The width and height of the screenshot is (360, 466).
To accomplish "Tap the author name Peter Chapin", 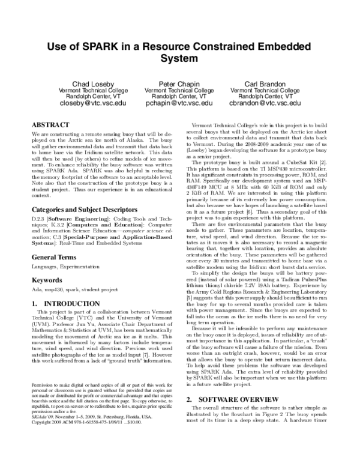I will click(179, 82).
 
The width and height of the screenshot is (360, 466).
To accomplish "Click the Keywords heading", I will click(47, 280).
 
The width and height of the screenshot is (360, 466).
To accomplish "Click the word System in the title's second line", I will click(179, 59).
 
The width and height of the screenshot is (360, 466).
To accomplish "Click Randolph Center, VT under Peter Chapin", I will click(179, 96).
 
